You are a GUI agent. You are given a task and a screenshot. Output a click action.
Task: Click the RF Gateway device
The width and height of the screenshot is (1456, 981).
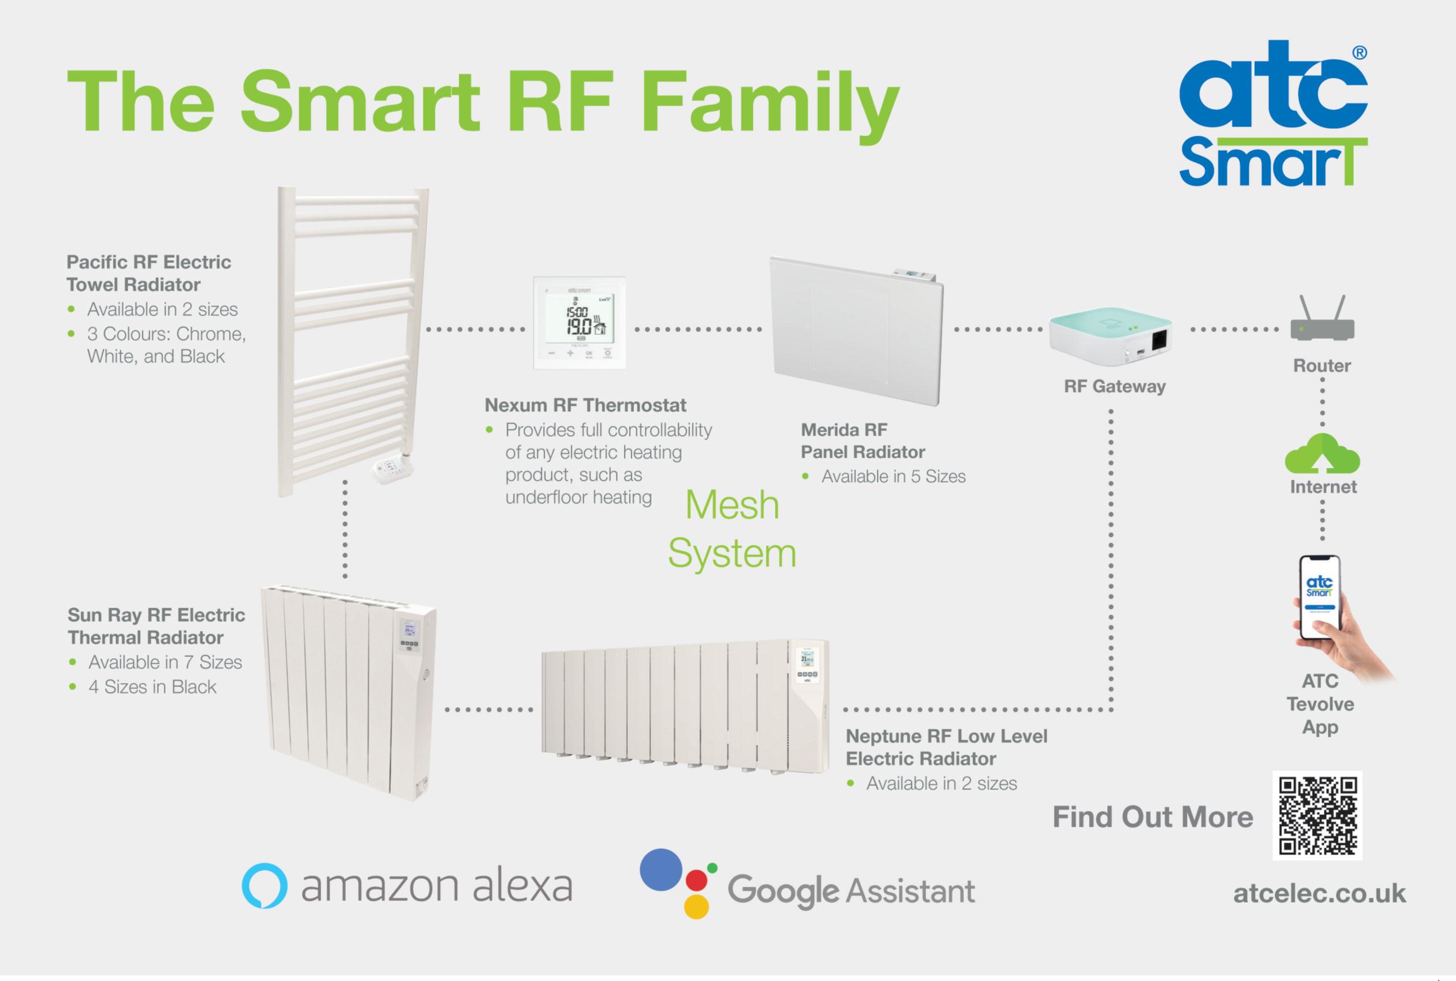click(x=1110, y=338)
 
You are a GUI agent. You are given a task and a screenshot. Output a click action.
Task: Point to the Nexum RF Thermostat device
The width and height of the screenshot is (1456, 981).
click(x=579, y=323)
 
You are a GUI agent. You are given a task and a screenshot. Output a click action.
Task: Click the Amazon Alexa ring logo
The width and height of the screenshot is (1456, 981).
click(x=264, y=885)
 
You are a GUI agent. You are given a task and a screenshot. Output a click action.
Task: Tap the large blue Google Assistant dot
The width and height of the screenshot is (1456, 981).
click(x=660, y=869)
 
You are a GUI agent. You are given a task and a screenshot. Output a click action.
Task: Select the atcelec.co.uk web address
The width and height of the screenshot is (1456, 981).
click(x=1319, y=893)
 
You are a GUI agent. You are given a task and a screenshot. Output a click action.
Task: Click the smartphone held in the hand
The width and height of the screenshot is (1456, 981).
click(x=1320, y=598)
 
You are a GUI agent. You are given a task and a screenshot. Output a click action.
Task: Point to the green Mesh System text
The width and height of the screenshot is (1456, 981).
click(x=732, y=529)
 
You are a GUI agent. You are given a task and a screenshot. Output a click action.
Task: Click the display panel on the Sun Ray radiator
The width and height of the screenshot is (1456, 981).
click(x=410, y=636)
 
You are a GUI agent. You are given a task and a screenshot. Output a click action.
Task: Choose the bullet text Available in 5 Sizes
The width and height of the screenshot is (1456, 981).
click(x=893, y=477)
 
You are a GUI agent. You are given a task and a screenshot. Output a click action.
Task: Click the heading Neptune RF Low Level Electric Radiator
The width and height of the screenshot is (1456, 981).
click(x=946, y=747)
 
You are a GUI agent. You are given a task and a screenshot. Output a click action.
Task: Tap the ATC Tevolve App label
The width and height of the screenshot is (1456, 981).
click(x=1320, y=704)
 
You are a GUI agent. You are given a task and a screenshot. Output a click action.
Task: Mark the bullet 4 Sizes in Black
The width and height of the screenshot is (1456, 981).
click(x=152, y=687)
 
